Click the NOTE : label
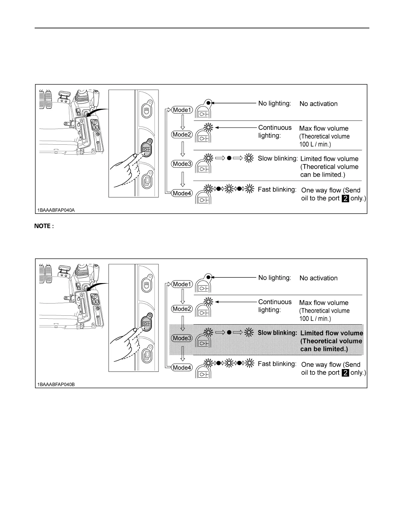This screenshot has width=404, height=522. (44, 226)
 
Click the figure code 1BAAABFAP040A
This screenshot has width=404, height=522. (56, 210)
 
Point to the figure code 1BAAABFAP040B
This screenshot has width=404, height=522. (56, 384)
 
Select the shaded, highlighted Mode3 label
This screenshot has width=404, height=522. (182, 338)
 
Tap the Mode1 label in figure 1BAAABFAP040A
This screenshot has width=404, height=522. (182, 110)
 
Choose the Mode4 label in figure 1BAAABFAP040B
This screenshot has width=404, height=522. (182, 367)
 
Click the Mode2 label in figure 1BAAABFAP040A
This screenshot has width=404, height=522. (182, 134)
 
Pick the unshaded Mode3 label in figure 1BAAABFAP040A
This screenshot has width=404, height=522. (182, 163)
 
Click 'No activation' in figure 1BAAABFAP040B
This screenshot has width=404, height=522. (318, 278)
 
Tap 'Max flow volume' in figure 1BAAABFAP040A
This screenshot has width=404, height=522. (323, 129)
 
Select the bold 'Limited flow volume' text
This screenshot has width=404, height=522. (331, 333)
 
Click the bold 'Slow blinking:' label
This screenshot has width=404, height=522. (277, 333)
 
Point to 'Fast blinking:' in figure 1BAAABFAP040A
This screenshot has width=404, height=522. (277, 189)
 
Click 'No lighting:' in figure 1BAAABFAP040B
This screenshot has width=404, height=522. (275, 278)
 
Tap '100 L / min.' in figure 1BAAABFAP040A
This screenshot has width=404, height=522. (315, 144)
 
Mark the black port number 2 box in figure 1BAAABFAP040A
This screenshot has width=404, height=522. (345, 198)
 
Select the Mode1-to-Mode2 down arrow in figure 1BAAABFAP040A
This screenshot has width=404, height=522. (183, 122)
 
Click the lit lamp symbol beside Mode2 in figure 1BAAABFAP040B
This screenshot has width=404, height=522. (209, 302)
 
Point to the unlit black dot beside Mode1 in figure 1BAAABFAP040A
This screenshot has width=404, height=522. (208, 103)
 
